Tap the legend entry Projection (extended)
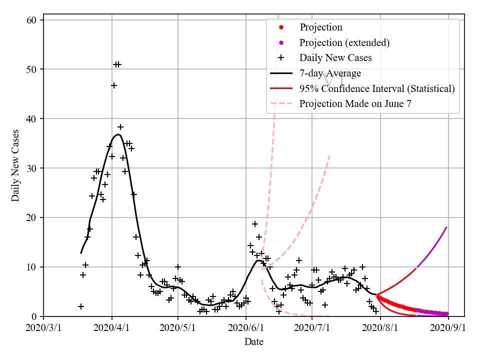point(344,42)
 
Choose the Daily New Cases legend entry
point(335,58)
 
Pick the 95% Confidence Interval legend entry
point(377,89)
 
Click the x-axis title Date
point(254,342)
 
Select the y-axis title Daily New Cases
point(15,165)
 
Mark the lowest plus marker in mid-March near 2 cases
point(81,306)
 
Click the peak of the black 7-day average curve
point(118,134)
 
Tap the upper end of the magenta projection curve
point(446,227)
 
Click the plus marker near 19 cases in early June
point(255,224)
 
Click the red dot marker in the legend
point(281,27)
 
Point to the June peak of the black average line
point(257,260)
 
